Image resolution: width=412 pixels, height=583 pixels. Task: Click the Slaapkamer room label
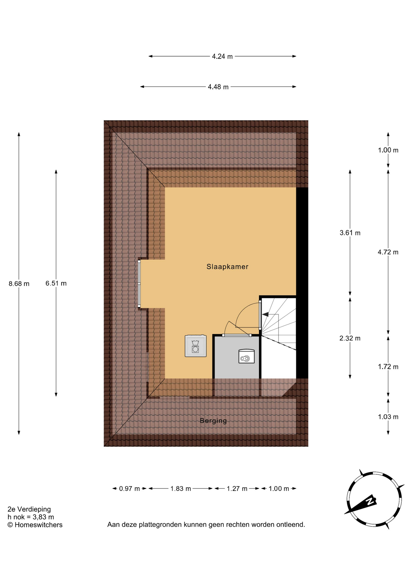pos(227,267)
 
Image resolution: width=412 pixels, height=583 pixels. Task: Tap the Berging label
pos(213,421)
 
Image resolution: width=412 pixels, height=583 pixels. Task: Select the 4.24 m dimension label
pos(222,56)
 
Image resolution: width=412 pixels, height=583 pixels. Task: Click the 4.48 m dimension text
pos(218,87)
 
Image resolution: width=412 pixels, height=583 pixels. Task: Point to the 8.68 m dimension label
pos(19,284)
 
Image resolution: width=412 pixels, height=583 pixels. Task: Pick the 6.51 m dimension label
pos(56,283)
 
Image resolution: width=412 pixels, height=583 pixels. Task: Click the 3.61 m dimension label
pos(350,233)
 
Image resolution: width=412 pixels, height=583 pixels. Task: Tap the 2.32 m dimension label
pos(350,338)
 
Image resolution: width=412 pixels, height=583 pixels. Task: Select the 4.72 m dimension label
pos(388,252)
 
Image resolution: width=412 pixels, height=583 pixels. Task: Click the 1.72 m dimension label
pos(388,367)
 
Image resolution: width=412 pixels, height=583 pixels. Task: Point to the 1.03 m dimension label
pos(388,417)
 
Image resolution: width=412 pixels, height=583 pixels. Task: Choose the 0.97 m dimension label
pos(130,489)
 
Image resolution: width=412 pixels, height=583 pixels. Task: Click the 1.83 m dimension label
pos(181,489)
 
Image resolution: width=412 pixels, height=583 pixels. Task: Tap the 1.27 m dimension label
pos(237,489)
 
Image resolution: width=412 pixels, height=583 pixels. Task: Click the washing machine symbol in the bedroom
pos(196,346)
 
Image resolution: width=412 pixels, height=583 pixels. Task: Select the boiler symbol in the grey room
pos(246,356)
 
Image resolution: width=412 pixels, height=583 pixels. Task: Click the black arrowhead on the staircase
pos(265,315)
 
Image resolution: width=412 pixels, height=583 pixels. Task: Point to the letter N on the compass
pos(370,500)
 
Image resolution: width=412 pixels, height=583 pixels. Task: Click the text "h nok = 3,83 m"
pos(31,517)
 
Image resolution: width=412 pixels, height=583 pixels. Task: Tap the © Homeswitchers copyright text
pos(35,525)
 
